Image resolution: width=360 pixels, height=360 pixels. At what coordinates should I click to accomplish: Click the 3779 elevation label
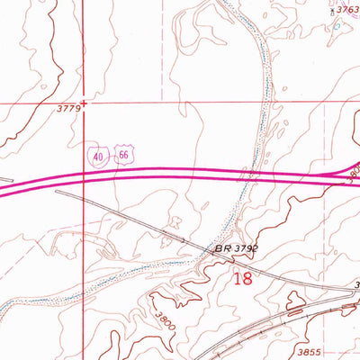[x=69, y=108]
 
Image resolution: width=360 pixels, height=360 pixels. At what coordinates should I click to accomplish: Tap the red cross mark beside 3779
[x=84, y=102]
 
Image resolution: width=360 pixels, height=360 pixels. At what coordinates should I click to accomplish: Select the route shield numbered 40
[x=97, y=157]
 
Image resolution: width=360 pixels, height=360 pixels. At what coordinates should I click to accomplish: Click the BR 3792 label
[x=231, y=247]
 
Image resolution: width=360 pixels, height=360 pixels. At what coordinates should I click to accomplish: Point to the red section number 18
[x=242, y=278]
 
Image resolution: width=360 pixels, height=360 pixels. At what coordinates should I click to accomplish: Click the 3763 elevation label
[x=346, y=10]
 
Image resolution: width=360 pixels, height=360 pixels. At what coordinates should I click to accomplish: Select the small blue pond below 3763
[x=337, y=25]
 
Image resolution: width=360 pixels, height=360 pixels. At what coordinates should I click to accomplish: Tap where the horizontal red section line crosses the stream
[x=265, y=102]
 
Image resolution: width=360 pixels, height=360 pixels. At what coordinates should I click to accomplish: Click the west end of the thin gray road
[x=57, y=191]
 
